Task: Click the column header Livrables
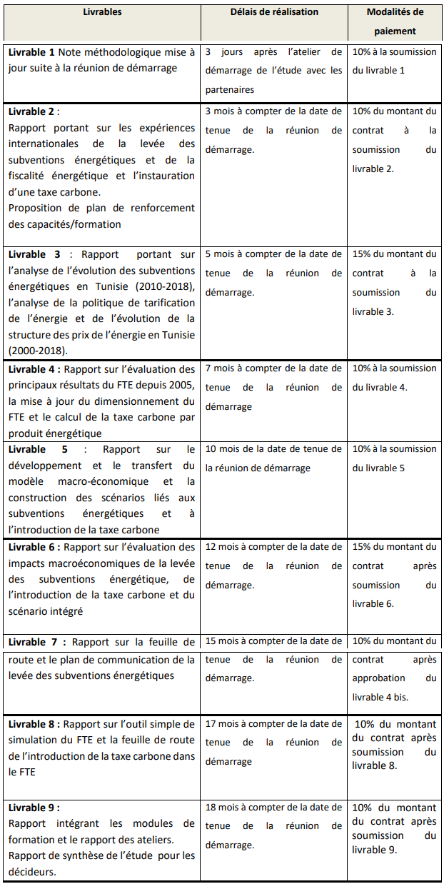pyautogui.click(x=102, y=12)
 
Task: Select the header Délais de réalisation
pyautogui.click(x=274, y=12)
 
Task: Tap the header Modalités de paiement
pyautogui.click(x=395, y=21)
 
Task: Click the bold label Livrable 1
pyautogui.click(x=31, y=52)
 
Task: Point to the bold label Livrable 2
pyautogui.click(x=31, y=111)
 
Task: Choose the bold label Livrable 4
pyautogui.click(x=31, y=368)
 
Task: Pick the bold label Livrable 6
pyautogui.click(x=31, y=547)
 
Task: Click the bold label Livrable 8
pyautogui.click(x=31, y=724)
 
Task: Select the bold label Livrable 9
pyautogui.click(x=31, y=808)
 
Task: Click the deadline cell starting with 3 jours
pyautogui.click(x=274, y=71)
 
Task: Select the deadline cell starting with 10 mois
pyautogui.click(x=274, y=458)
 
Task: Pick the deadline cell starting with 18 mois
pyautogui.click(x=274, y=826)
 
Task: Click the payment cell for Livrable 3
pyautogui.click(x=394, y=283)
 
